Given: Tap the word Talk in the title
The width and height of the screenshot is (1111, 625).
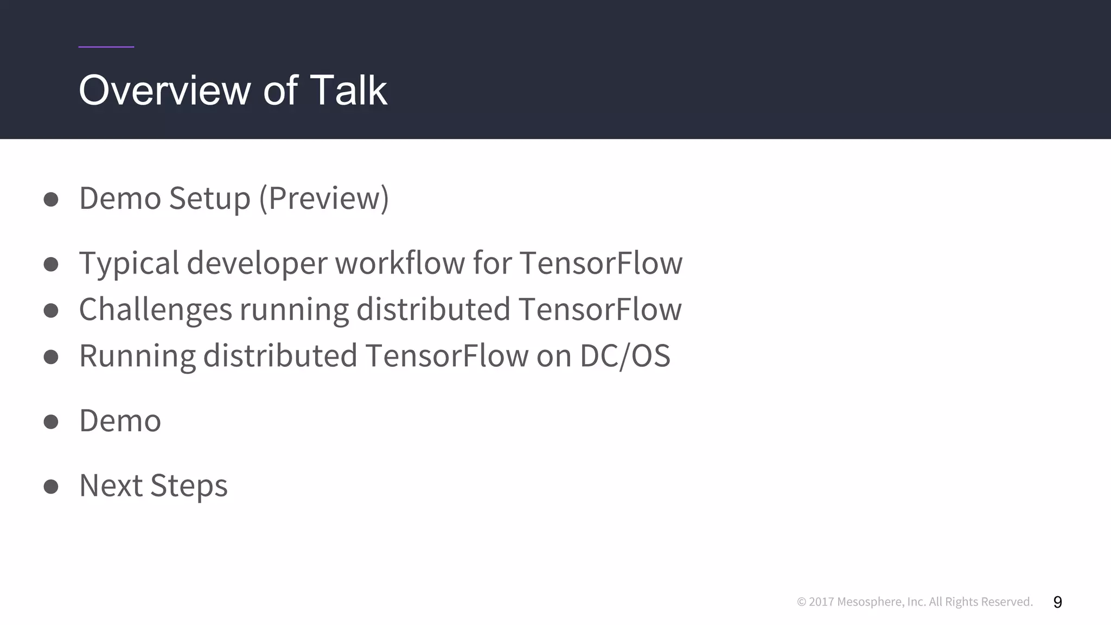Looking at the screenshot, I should tap(348, 90).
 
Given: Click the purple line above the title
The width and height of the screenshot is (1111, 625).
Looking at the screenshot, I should tap(106, 47).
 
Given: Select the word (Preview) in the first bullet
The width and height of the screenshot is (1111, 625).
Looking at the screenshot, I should tap(324, 198).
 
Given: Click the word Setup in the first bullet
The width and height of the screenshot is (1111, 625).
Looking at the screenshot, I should tap(209, 198).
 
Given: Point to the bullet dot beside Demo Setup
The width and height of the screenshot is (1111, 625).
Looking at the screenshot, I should tap(51, 199).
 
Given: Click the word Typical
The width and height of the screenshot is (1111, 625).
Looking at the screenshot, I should tap(129, 263).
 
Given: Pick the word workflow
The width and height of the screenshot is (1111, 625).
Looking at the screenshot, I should tap(399, 263).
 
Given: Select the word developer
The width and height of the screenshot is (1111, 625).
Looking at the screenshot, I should tap(257, 263).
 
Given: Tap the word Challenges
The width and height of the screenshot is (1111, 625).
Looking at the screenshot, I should tap(156, 310).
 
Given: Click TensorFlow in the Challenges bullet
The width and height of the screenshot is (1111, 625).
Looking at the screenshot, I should tap(600, 310).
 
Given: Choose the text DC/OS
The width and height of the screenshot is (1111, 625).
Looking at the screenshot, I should tap(624, 356).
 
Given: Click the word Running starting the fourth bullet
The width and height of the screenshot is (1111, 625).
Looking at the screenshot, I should tap(137, 356).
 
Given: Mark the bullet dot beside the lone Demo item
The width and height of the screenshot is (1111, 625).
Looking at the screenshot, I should tap(51, 422).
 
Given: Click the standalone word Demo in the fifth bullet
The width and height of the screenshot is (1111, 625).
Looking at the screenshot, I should tap(120, 420).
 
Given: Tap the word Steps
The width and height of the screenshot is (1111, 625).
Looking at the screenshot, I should tap(189, 485).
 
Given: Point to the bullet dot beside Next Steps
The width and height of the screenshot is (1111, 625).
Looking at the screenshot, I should tap(51, 486).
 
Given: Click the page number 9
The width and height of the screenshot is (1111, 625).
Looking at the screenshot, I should tap(1057, 602).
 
